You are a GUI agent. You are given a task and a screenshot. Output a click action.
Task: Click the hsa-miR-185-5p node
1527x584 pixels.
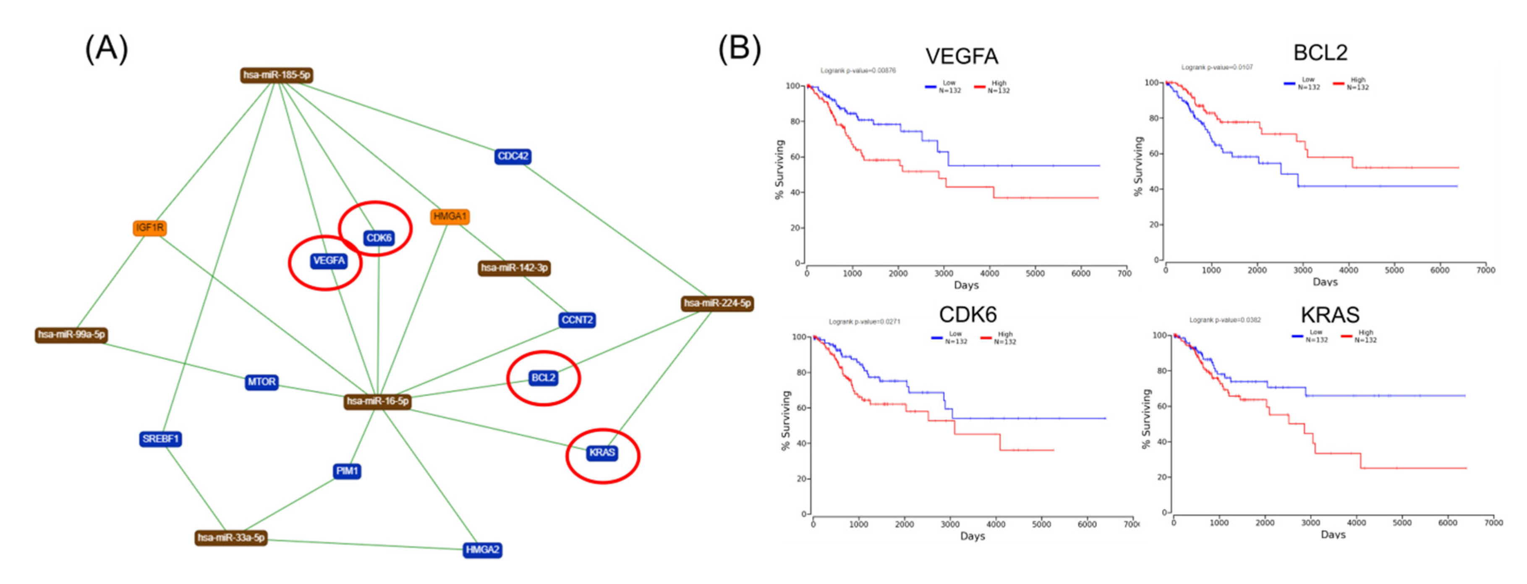(x=276, y=75)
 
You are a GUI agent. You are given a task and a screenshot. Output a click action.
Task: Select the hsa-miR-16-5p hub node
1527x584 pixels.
(x=378, y=401)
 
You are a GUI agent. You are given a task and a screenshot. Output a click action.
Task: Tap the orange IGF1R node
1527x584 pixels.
(x=149, y=228)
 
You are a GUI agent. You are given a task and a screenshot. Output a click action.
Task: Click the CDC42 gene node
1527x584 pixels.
(x=513, y=157)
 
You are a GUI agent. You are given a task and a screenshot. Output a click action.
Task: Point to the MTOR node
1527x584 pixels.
(x=261, y=382)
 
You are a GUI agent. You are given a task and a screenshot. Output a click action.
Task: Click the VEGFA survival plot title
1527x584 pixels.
(x=962, y=56)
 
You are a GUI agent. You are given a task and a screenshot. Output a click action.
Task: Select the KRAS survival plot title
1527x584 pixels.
(x=1330, y=315)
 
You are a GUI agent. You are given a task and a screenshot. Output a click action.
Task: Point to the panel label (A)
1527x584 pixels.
(x=107, y=49)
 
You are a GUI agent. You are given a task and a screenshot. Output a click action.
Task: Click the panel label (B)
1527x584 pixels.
(x=739, y=49)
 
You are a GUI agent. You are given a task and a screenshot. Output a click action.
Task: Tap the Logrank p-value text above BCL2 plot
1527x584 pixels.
(x=1217, y=68)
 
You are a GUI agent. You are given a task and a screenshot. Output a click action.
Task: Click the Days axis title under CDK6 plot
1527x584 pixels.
(x=972, y=536)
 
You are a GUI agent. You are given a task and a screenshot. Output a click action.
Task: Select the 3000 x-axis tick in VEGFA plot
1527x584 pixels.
(x=944, y=273)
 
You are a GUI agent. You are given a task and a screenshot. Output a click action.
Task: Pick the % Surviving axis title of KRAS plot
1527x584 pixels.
(x=1146, y=419)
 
